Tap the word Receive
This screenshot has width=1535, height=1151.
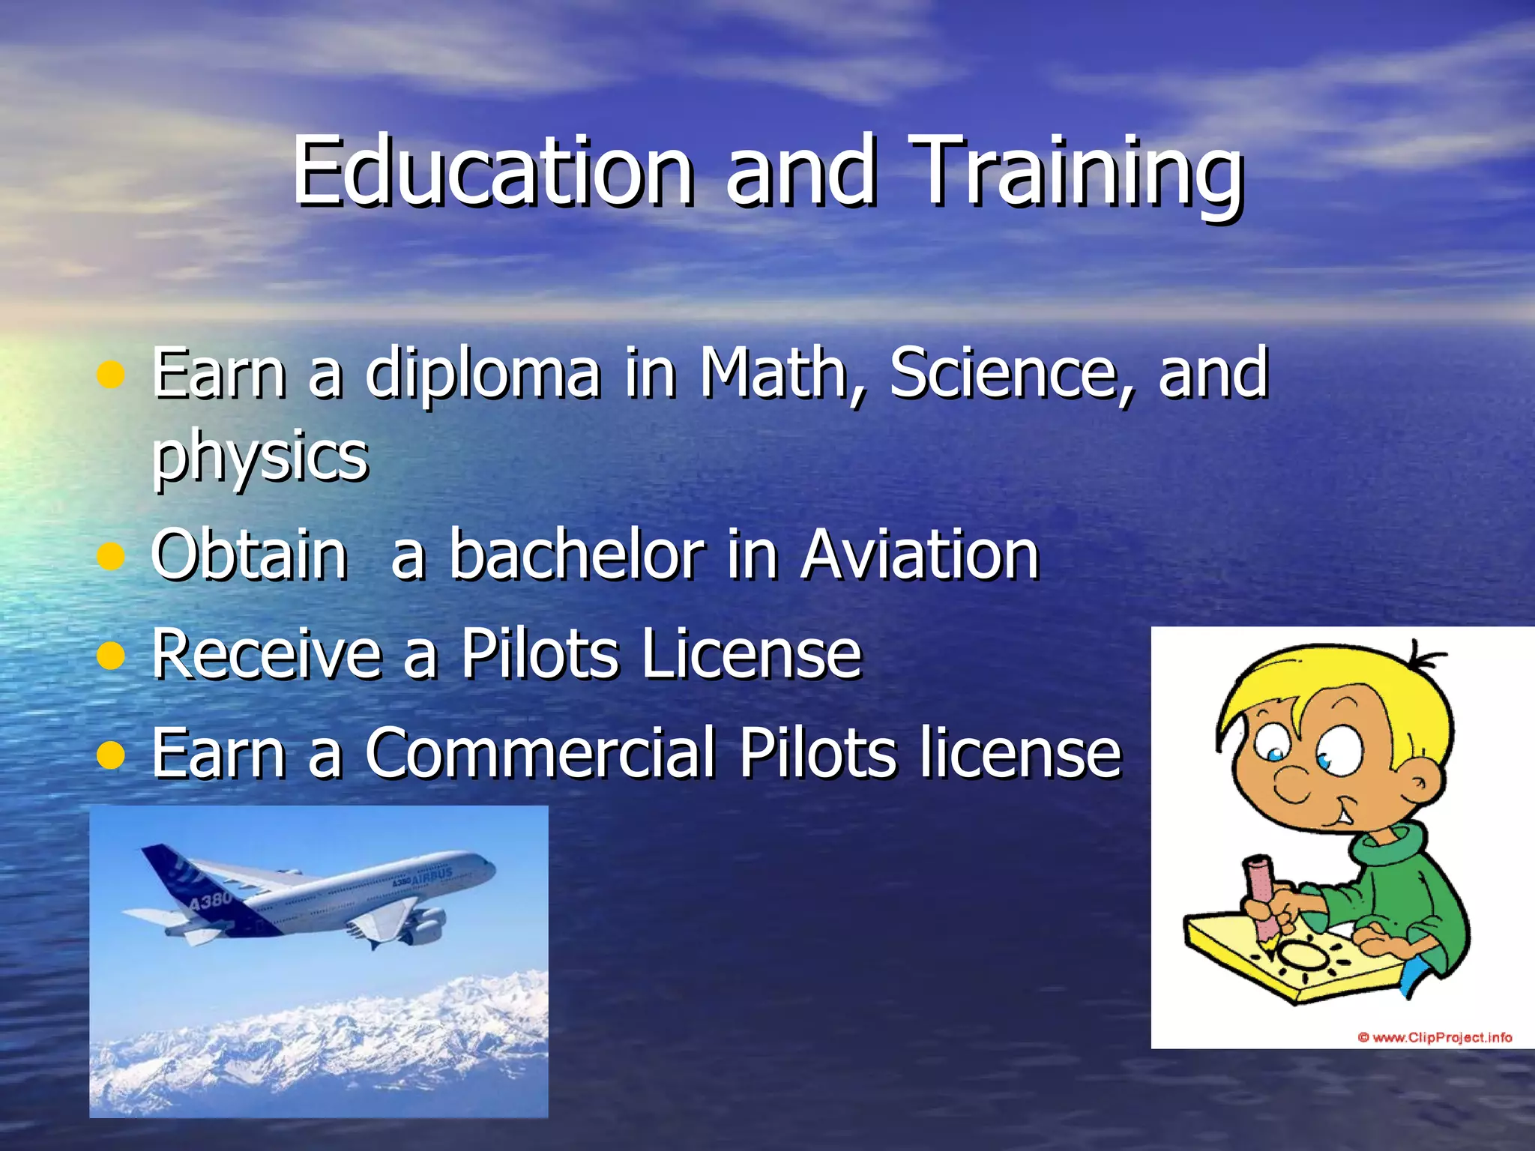pyautogui.click(x=266, y=653)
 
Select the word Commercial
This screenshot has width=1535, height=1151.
pyautogui.click(x=540, y=752)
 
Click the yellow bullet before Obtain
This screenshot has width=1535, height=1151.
pyautogui.click(x=111, y=556)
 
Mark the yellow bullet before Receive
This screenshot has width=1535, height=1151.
pyautogui.click(x=111, y=656)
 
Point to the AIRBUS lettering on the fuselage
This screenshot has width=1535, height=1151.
pyautogui.click(x=432, y=875)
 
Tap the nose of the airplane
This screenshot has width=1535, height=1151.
pyautogui.click(x=491, y=869)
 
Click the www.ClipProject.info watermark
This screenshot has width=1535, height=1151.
pyautogui.click(x=1435, y=1037)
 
